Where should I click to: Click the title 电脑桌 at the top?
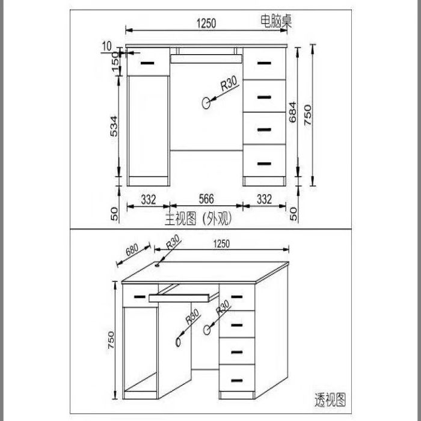pos(276,21)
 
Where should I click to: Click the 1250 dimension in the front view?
pos(206,23)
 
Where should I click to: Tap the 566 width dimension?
pos(206,199)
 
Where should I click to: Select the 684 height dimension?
pos(293,112)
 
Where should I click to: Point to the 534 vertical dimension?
pos(114,126)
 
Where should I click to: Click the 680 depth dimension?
pos(132,250)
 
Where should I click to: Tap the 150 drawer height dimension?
pos(115,63)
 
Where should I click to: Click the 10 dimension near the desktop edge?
pos(106,46)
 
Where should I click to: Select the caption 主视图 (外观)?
pos(198,220)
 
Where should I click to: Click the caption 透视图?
pos(330,400)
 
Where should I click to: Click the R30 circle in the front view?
pos(206,103)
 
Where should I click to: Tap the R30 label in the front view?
pos(229,83)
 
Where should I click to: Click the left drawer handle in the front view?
pos(147,63)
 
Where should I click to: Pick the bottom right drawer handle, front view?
pos(264,164)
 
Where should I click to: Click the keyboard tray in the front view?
pos(206,59)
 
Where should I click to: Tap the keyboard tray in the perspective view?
pos(179,298)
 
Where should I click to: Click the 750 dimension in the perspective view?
pos(111,340)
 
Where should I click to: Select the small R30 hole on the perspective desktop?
pos(157,265)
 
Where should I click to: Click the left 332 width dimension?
pos(149,200)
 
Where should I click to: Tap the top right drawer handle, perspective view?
pos(237,297)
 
